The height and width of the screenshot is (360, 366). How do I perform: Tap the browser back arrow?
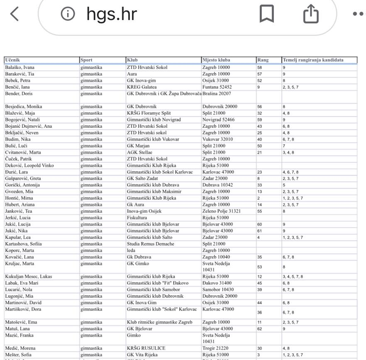15,15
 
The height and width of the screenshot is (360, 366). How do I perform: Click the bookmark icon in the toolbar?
266,15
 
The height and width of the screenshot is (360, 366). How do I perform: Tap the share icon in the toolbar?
311,15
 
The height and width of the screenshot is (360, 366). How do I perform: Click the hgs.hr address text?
111,15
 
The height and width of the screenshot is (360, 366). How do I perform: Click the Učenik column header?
13,60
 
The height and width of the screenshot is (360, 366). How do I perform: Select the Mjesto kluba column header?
216,60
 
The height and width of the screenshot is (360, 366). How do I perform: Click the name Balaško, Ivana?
20,67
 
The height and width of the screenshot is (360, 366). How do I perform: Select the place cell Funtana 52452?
217,87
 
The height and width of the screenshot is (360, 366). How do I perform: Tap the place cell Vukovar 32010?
217,139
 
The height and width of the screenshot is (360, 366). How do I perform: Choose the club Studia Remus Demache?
150,244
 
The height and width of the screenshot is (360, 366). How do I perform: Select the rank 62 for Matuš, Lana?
260,329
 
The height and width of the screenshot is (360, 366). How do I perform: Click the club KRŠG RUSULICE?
146,348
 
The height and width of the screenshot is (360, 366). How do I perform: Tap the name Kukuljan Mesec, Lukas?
28,277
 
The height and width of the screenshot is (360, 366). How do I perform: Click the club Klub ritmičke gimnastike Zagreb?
159,322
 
